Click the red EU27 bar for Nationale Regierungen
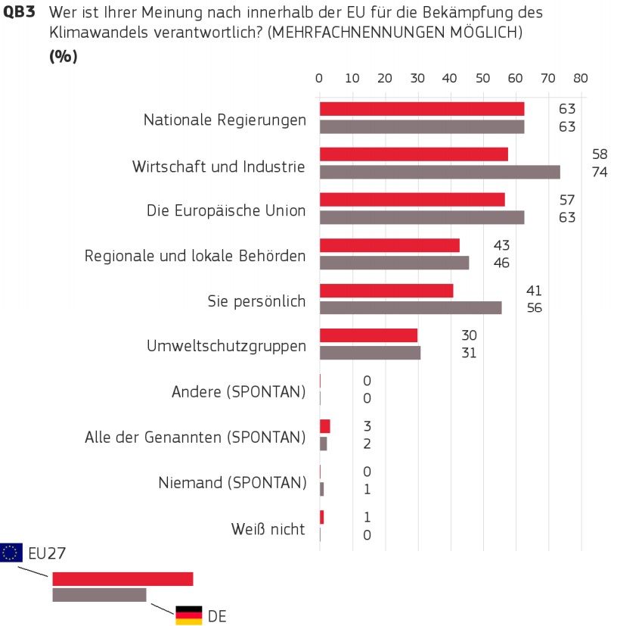click(x=422, y=109)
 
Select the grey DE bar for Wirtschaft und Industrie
click(x=440, y=172)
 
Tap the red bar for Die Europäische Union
click(x=412, y=200)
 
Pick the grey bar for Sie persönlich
click(x=411, y=307)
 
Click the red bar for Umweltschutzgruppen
click(x=368, y=335)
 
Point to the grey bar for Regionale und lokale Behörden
click(x=394, y=263)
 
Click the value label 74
click(x=600, y=172)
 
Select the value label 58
click(x=600, y=154)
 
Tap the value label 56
click(x=535, y=307)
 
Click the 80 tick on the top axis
click(x=580, y=78)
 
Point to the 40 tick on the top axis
click(x=450, y=78)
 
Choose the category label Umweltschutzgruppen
click(x=226, y=346)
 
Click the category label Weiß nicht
click(x=268, y=529)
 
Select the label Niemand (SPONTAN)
click(x=232, y=483)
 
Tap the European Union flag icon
click(x=11, y=553)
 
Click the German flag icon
click(x=188, y=615)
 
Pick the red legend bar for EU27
click(x=122, y=579)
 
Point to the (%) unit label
click(x=64, y=57)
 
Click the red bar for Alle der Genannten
click(x=325, y=426)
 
